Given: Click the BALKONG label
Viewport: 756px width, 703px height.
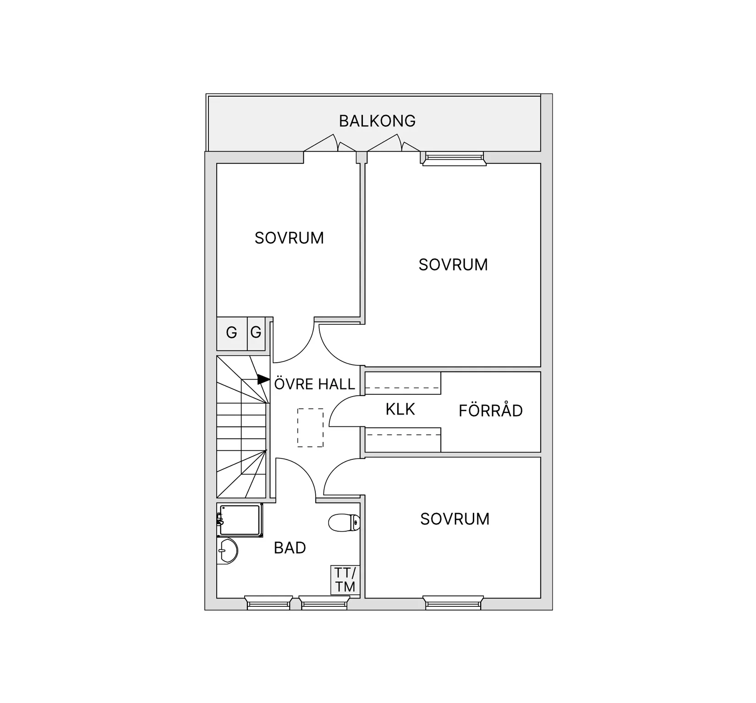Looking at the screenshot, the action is [x=377, y=121].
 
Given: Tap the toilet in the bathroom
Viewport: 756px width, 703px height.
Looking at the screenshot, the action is [x=344, y=523].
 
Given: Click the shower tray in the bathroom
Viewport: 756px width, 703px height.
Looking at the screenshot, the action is [x=240, y=520].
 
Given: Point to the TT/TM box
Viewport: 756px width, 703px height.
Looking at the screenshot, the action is [x=345, y=580].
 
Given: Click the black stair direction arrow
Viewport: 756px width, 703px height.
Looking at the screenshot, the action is [x=263, y=379].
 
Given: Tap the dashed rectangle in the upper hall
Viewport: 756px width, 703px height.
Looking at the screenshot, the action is [x=310, y=427].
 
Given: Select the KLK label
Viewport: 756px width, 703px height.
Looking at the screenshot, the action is [x=400, y=409].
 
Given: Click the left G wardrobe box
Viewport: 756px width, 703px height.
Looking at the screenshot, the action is [x=232, y=333].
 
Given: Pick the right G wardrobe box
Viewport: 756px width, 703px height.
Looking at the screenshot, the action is [x=256, y=333].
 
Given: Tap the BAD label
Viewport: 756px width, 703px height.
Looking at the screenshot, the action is [x=290, y=548].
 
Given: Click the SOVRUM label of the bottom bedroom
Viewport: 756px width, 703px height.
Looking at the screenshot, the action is [x=455, y=519].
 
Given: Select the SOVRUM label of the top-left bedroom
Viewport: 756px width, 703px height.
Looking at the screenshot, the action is [x=289, y=238].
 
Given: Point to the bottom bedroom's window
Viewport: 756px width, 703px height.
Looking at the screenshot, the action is [x=453, y=603].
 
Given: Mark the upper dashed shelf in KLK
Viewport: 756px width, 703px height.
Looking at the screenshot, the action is [x=403, y=383].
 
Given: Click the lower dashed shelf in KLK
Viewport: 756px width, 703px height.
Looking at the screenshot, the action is [x=403, y=440].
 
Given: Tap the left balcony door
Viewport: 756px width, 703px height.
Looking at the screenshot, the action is [x=330, y=143].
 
